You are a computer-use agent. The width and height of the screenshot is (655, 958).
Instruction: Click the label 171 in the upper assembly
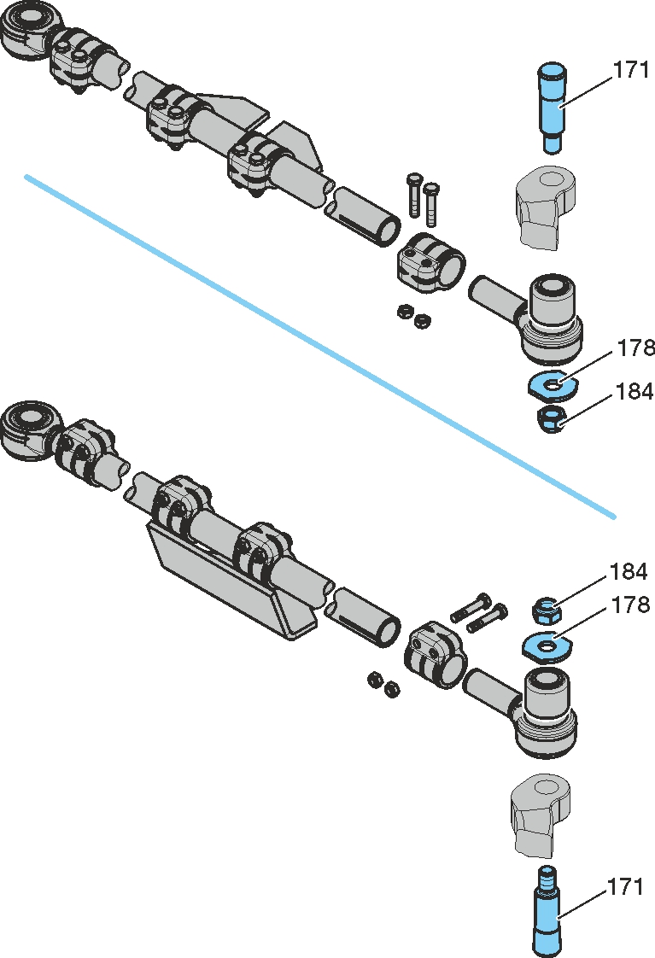(631, 71)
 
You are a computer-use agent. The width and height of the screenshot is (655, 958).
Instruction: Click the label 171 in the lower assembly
(625, 887)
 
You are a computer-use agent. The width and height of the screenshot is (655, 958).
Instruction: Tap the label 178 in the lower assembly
(630, 605)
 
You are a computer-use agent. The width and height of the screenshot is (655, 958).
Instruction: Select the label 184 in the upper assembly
(635, 392)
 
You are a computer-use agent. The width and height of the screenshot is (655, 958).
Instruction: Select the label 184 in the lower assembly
(628, 571)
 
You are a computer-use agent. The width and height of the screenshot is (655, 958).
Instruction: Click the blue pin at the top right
(553, 107)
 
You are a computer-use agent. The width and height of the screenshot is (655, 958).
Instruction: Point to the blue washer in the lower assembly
(547, 645)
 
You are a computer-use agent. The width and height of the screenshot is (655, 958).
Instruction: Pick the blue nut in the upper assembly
(552, 418)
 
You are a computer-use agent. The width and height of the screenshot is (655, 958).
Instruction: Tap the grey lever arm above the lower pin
(541, 814)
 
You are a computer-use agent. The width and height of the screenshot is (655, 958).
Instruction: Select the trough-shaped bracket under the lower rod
(231, 589)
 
